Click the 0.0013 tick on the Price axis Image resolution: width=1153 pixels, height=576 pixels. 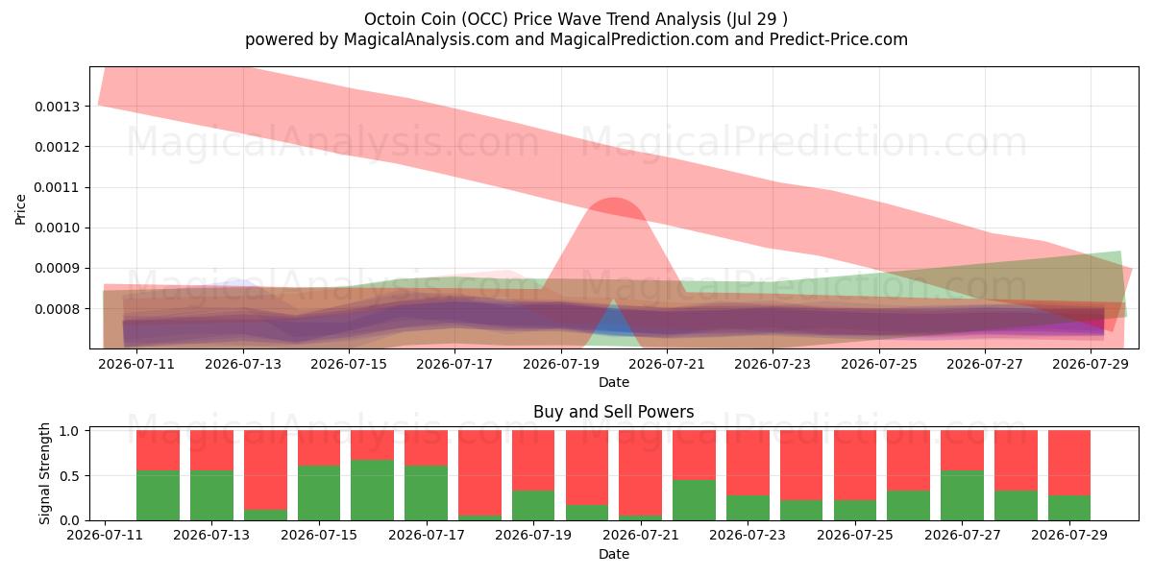pyautogui.click(x=57, y=107)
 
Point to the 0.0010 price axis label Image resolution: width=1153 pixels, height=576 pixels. pyautogui.click(x=57, y=228)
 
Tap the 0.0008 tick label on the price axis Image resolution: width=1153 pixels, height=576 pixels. pyautogui.click(x=57, y=309)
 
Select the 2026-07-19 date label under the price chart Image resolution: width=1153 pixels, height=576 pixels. pyautogui.click(x=561, y=364)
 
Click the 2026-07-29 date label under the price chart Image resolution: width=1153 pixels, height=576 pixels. pyautogui.click(x=1091, y=364)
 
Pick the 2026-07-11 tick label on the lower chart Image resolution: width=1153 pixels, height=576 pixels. pyautogui.click(x=105, y=535)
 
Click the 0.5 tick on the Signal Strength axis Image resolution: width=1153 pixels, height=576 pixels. pyautogui.click(x=69, y=476)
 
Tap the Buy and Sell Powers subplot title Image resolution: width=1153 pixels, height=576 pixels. pyautogui.click(x=614, y=412)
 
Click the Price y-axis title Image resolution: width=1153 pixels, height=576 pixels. pyautogui.click(x=20, y=209)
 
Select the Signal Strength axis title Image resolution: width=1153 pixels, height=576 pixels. pyautogui.click(x=45, y=473)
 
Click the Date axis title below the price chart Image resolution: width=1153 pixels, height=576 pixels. pyautogui.click(x=614, y=382)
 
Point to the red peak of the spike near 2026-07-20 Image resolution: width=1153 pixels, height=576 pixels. pyautogui.click(x=614, y=199)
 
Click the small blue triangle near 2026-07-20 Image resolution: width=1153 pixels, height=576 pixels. pyautogui.click(x=614, y=320)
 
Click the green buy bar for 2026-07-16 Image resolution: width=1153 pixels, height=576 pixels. pyautogui.click(x=372, y=491)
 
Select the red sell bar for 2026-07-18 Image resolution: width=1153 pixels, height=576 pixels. pyautogui.click(x=479, y=473)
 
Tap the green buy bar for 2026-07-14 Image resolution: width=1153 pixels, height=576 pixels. pyautogui.click(x=265, y=515)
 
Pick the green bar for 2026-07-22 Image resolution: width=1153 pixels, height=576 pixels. pyautogui.click(x=695, y=500)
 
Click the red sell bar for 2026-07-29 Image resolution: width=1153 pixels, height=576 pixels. pyautogui.click(x=1069, y=463)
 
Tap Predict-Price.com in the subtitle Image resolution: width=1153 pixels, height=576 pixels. pyautogui.click(x=839, y=39)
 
